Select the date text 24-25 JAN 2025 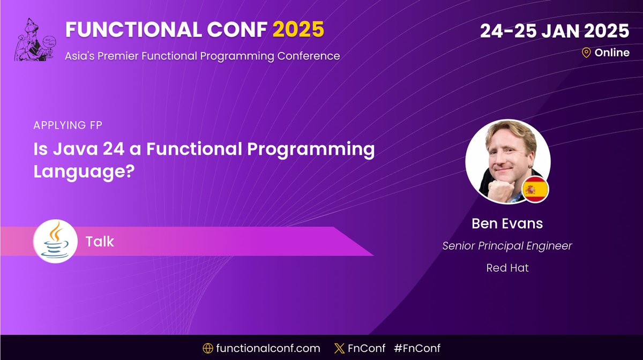pos(554,31)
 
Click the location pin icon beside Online pos(586,52)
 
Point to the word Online pos(612,52)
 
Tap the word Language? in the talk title pos(83,172)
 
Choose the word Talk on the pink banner pos(100,242)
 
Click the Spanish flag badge pos(534,190)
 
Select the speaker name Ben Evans pos(507,223)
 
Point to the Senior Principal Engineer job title pos(507,246)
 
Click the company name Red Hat pos(507,268)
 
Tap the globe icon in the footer pos(208,348)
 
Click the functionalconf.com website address pos(268,348)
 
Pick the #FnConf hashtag pos(417,348)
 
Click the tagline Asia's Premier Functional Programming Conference pos(203,56)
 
